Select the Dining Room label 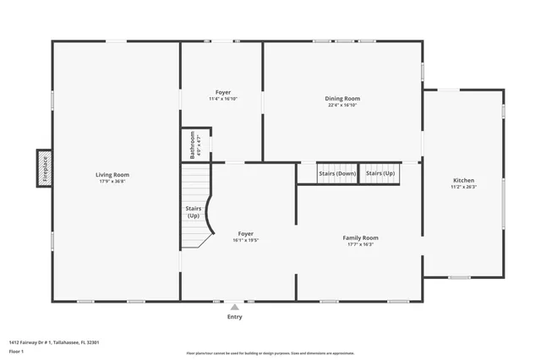(x=342, y=99)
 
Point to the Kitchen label (x=463, y=181)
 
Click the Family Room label (x=360, y=238)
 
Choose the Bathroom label (x=193, y=144)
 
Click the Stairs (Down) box (x=337, y=173)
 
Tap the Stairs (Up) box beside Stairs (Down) (x=380, y=173)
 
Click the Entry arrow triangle (x=234, y=307)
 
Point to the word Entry (x=234, y=317)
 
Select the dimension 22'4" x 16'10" (x=342, y=106)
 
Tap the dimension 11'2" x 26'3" (x=463, y=188)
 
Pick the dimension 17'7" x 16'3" (x=360, y=245)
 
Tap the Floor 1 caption (x=16, y=351)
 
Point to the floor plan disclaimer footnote (x=270, y=353)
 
